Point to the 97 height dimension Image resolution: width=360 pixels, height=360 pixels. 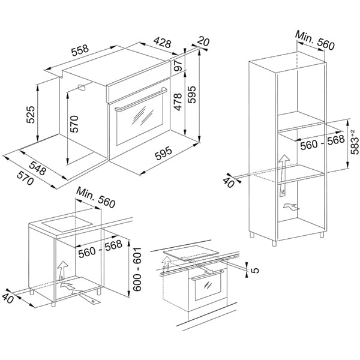pyautogui.click(x=178, y=66)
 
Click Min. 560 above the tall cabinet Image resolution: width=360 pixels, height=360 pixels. pyautogui.click(x=314, y=43)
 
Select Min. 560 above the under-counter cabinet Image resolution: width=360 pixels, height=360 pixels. pyautogui.click(x=95, y=200)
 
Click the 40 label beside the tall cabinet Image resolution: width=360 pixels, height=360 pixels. pyautogui.click(x=229, y=182)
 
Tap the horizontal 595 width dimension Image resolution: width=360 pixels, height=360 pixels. pyautogui.click(x=163, y=154)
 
